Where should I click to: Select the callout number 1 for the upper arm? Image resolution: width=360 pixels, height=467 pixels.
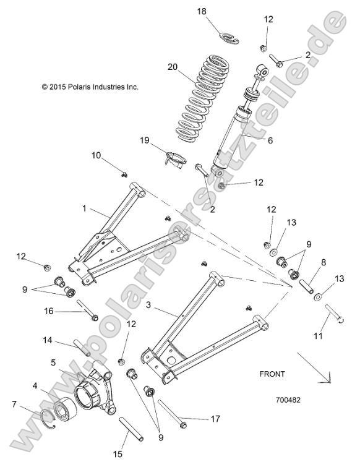tap(84, 209)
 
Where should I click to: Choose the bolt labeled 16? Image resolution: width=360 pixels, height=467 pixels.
tap(86, 309)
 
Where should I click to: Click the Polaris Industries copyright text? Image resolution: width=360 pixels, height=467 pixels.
tap(90, 87)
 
